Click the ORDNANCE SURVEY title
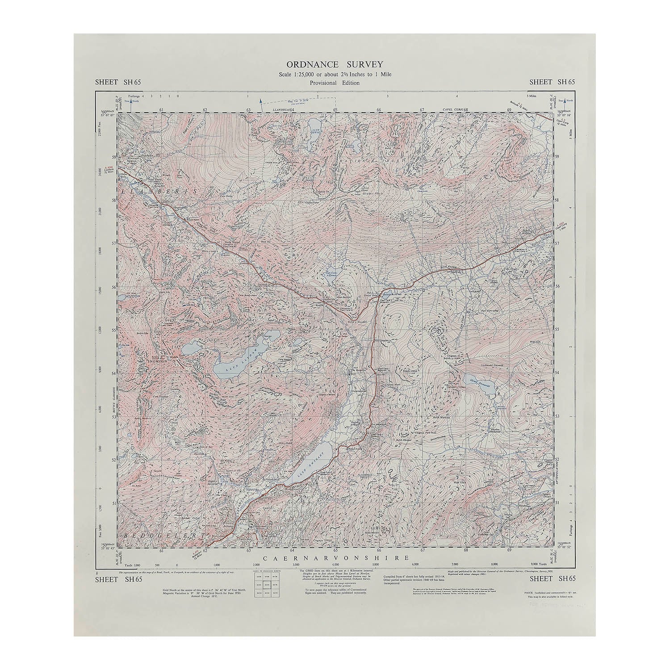pyautogui.click(x=335, y=65)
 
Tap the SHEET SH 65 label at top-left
pyautogui.click(x=118, y=81)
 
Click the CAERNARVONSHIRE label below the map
pyautogui.click(x=335, y=558)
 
